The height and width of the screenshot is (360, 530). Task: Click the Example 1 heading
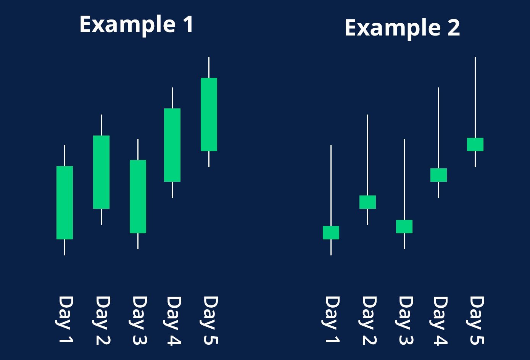pyautogui.click(x=136, y=25)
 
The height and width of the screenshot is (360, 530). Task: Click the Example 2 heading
pyautogui.click(x=402, y=29)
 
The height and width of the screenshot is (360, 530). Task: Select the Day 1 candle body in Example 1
pyautogui.click(x=64, y=203)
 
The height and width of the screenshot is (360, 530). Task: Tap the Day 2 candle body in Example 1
pyautogui.click(x=101, y=172)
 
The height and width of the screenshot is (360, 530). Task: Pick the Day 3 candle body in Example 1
pyautogui.click(x=138, y=197)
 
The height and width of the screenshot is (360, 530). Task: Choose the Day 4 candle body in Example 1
pyautogui.click(x=172, y=145)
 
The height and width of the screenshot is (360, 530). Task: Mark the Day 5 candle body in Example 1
pyautogui.click(x=209, y=115)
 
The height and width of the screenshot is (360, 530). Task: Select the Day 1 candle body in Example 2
pyautogui.click(x=331, y=232)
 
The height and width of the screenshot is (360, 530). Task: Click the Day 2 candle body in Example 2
pyautogui.click(x=368, y=202)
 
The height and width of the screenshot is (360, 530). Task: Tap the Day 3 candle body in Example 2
pyautogui.click(x=404, y=227)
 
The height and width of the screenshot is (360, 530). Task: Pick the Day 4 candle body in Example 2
pyautogui.click(x=439, y=175)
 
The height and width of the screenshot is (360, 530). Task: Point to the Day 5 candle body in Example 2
pyautogui.click(x=475, y=144)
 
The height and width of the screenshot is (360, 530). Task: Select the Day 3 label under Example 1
pyautogui.click(x=138, y=320)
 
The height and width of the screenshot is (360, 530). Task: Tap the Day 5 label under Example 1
pyautogui.click(x=209, y=320)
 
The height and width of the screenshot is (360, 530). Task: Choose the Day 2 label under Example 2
pyautogui.click(x=368, y=320)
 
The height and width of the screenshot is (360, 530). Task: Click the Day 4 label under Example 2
pyautogui.click(x=439, y=320)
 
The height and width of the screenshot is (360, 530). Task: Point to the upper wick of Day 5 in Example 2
pyautogui.click(x=475, y=97)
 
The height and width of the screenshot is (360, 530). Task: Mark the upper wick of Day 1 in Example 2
pyautogui.click(x=331, y=186)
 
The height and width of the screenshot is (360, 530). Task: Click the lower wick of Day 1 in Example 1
pyautogui.click(x=64, y=248)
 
